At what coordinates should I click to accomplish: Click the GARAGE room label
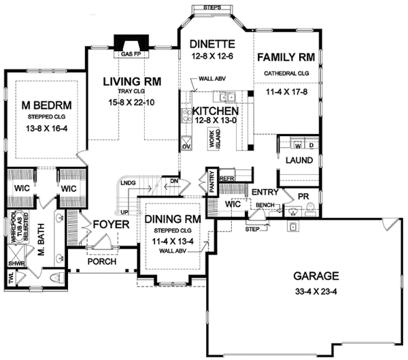[316, 276]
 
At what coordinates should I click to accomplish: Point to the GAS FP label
[131, 54]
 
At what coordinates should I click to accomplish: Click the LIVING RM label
[132, 82]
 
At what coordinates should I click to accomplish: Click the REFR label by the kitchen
[226, 178]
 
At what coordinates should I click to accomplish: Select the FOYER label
[107, 223]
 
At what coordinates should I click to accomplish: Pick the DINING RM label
[169, 219]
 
